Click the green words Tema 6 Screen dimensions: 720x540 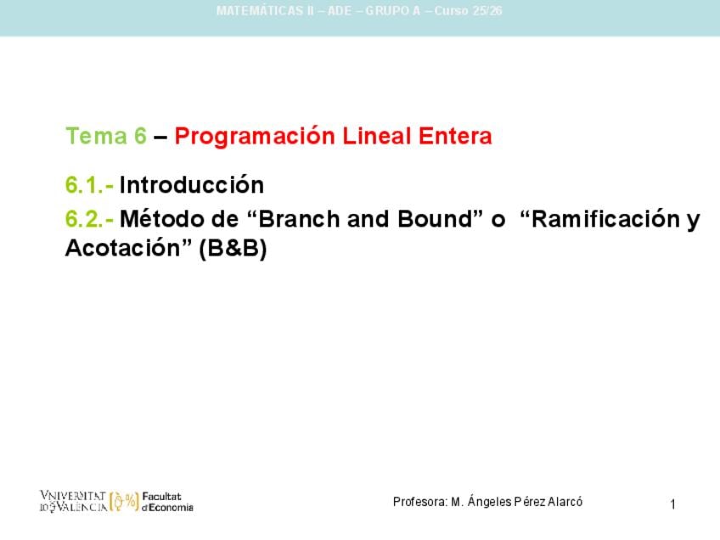pyautogui.click(x=106, y=136)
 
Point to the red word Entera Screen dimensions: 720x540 pyautogui.click(x=455, y=136)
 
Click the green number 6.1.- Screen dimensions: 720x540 pyautogui.click(x=89, y=185)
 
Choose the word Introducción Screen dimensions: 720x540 pyautogui.click(x=192, y=184)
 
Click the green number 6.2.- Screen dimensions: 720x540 pyautogui.click(x=89, y=219)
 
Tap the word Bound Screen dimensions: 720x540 pyautogui.click(x=435, y=218)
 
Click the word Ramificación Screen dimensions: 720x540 pyautogui.click(x=605, y=218)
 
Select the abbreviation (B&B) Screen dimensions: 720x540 pyautogui.click(x=233, y=249)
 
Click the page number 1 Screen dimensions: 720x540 pyautogui.click(x=672, y=504)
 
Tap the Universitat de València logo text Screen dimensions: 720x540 pyautogui.click(x=74, y=501)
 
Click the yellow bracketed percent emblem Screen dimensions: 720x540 pyautogui.click(x=124, y=502)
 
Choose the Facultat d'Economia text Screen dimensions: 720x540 pyautogui.click(x=167, y=502)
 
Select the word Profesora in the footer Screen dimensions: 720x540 pyautogui.click(x=420, y=502)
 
